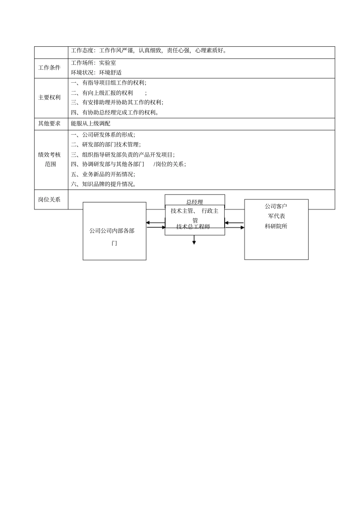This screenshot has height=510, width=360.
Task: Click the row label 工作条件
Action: [x=49, y=68]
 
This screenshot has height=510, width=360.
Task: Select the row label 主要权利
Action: [x=49, y=97]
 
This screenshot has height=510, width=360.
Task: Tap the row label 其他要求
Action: [x=49, y=123]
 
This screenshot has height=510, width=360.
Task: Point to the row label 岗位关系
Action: [x=49, y=199]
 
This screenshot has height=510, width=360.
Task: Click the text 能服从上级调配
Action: [x=91, y=123]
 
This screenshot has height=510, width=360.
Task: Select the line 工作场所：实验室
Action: [x=93, y=63]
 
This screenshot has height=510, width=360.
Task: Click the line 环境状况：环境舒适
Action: [x=96, y=72]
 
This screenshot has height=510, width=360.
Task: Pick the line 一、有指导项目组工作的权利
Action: [x=108, y=83]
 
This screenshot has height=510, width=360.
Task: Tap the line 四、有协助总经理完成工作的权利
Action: [x=115, y=112]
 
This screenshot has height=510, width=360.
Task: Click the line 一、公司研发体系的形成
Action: [x=103, y=135]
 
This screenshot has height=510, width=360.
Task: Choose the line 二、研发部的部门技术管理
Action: [x=106, y=144]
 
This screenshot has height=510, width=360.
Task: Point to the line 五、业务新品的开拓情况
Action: [x=103, y=174]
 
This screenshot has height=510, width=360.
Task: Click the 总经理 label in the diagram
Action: [x=195, y=202]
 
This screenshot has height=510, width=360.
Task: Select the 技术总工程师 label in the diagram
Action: [x=193, y=227]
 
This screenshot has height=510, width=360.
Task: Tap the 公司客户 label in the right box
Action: [x=276, y=206]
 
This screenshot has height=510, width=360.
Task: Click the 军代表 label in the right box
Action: [x=276, y=216]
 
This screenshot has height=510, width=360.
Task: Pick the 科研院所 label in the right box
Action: [x=276, y=226]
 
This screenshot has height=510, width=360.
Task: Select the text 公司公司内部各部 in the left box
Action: [x=112, y=231]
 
